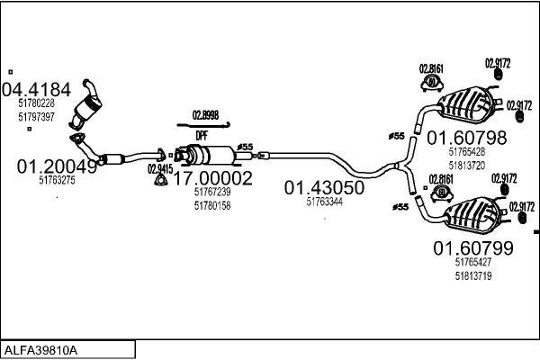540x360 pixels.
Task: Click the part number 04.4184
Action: click(36, 90)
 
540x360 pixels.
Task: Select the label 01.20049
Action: click(58, 166)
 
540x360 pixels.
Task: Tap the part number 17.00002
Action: click(212, 178)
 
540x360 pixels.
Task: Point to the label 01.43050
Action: click(324, 188)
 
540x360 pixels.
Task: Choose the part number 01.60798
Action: click(466, 138)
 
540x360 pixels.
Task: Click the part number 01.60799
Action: click(473, 248)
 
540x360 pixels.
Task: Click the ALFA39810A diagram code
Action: click(41, 350)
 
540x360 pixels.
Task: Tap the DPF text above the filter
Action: click(202, 136)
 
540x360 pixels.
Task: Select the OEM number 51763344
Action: click(324, 202)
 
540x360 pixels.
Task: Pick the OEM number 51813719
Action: click(473, 276)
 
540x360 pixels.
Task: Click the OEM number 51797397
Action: click(36, 117)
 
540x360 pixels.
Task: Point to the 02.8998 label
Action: click(205, 115)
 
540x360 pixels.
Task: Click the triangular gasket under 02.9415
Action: click(159, 181)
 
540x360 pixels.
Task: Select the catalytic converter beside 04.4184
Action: click(88, 104)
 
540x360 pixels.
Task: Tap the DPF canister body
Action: click(210, 155)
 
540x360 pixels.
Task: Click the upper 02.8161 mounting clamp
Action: click(432, 83)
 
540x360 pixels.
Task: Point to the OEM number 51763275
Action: click(57, 180)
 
